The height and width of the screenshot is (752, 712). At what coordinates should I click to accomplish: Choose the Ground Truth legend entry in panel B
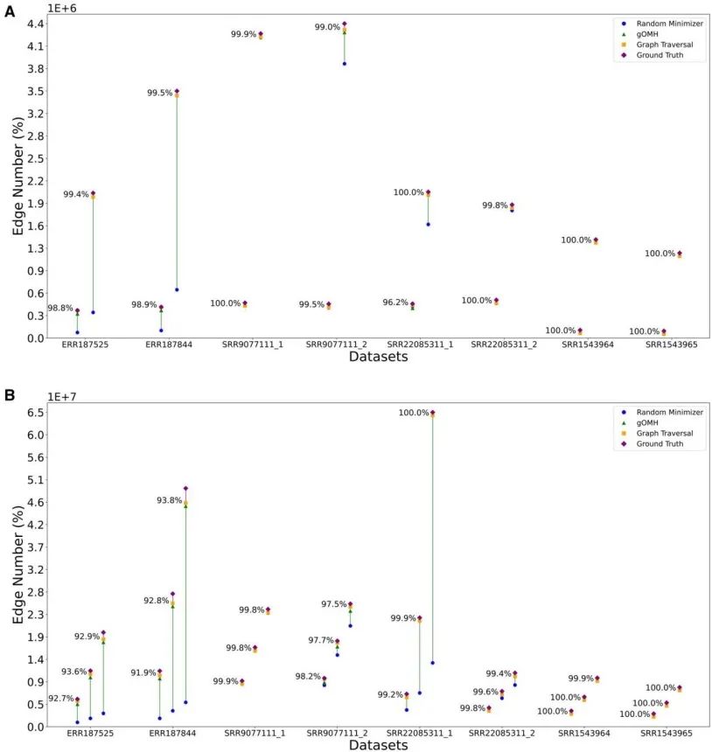(x=663, y=443)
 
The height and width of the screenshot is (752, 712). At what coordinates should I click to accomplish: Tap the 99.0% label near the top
(x=328, y=27)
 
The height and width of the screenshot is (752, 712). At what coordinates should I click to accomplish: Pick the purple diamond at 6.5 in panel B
(x=432, y=413)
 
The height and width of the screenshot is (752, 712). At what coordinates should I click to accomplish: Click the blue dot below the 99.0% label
(x=345, y=64)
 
